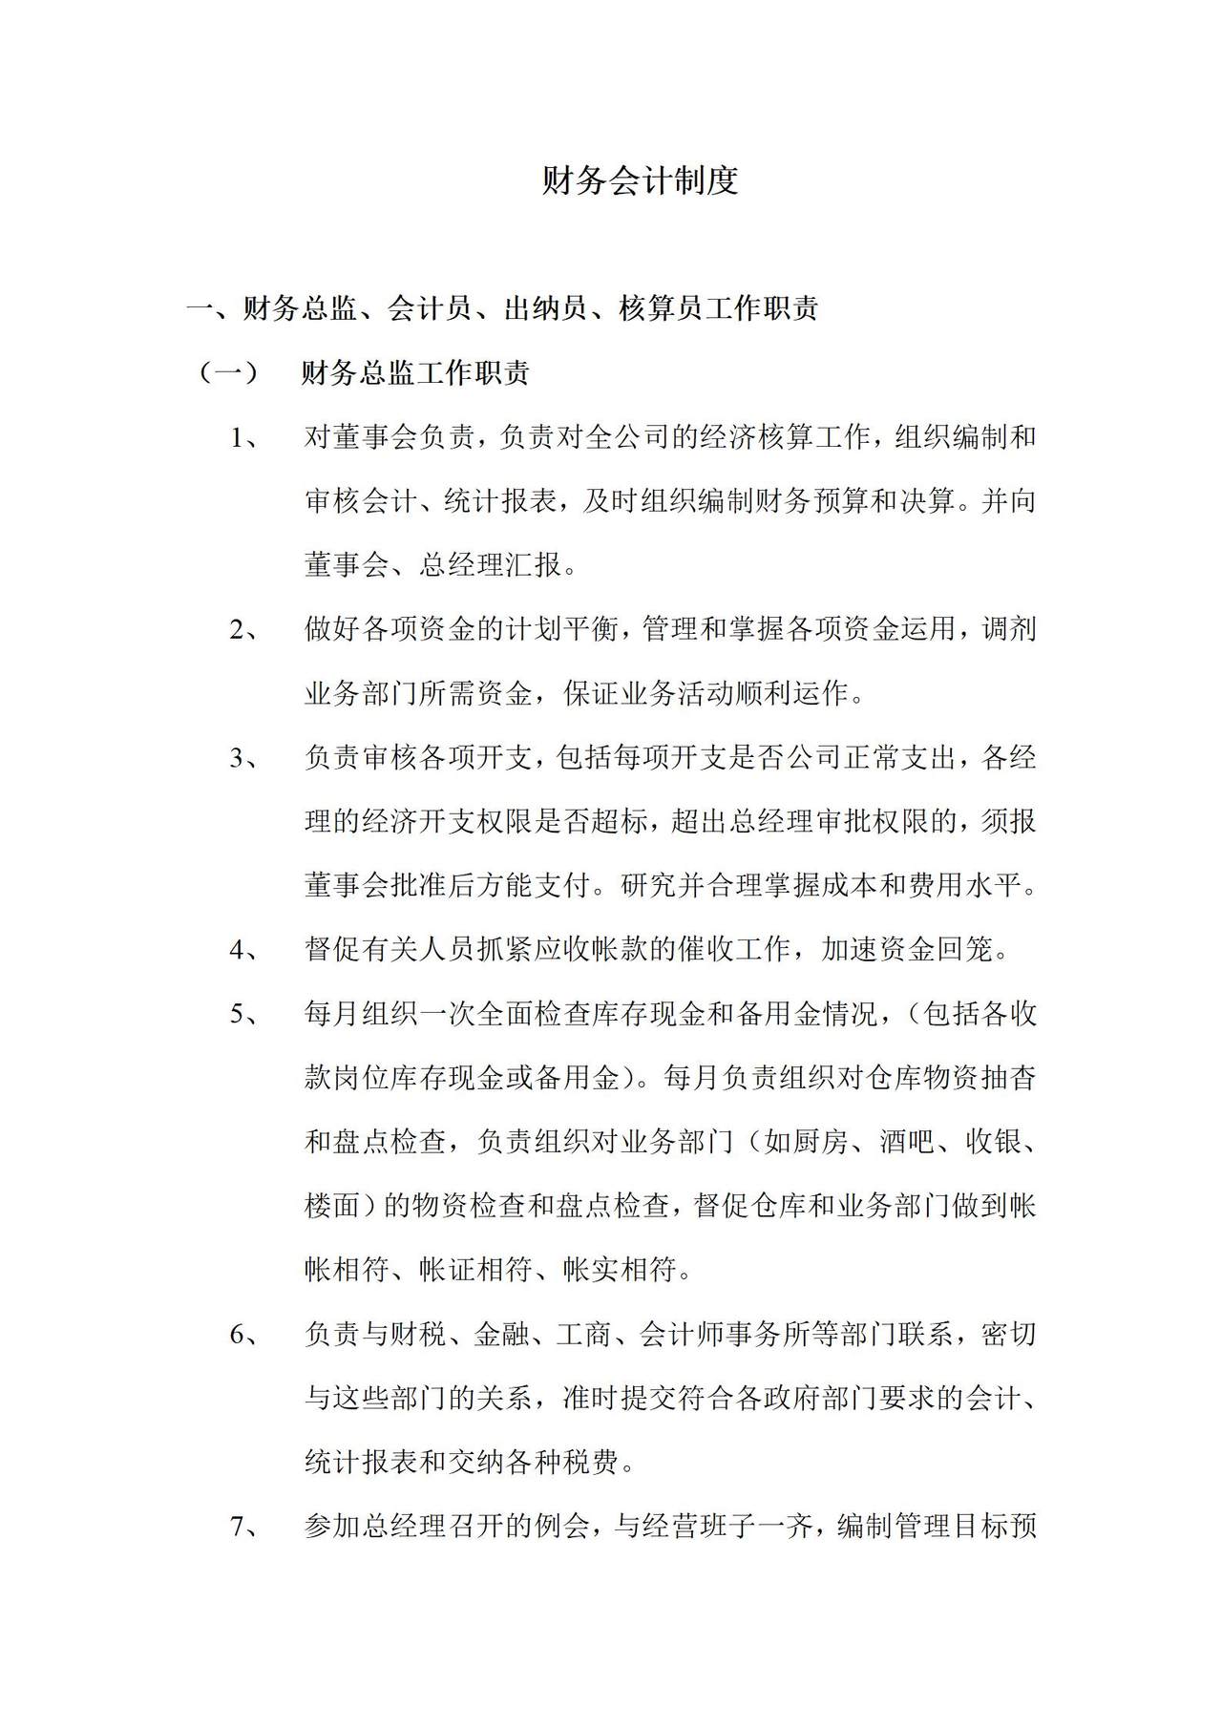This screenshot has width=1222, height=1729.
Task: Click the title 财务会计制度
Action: (641, 180)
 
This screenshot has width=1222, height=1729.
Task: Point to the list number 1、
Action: (244, 438)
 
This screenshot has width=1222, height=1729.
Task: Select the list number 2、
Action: (244, 630)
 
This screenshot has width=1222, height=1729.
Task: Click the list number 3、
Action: (244, 758)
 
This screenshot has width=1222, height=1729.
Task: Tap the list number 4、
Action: (244, 950)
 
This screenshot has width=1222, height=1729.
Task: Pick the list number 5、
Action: (244, 1014)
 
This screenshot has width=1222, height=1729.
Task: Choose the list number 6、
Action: (244, 1334)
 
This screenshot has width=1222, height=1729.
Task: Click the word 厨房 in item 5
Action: (819, 1142)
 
